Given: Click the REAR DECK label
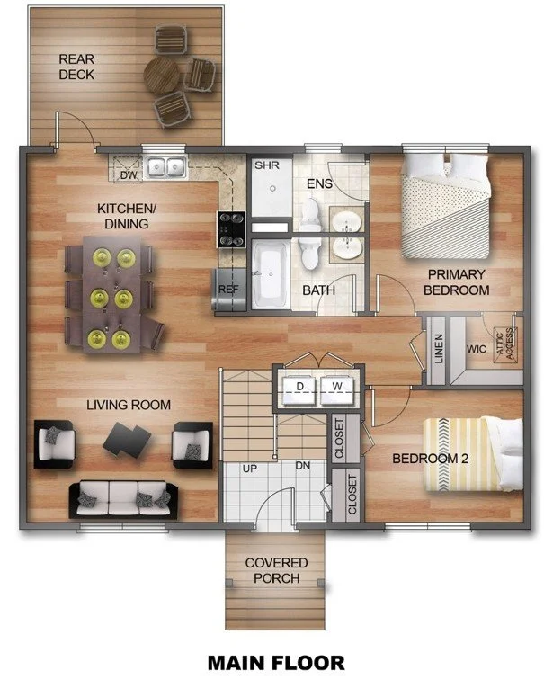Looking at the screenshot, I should (76, 67).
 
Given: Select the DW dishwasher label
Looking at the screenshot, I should (128, 175).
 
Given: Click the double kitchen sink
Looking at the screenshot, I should (165, 166).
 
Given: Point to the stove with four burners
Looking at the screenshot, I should (231, 228).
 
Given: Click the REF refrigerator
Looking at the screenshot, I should (227, 289).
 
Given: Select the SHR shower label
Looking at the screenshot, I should (266, 166).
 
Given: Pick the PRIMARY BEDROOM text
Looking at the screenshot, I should (457, 281).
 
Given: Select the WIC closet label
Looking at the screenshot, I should (476, 348).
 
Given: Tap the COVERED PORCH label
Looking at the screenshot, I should (277, 570).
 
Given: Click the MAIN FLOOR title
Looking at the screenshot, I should (275, 662).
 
